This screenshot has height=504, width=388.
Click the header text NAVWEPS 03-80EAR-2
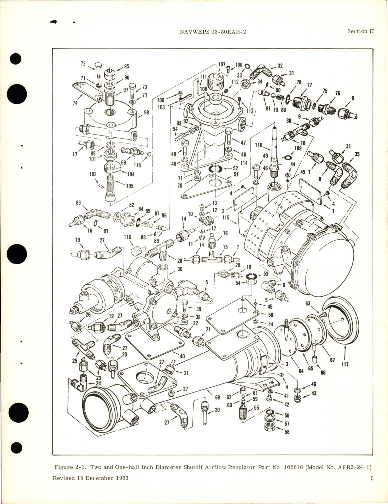coord(220,31)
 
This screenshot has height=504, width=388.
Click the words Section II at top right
coord(361,31)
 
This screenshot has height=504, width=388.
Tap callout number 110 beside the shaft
coord(258,145)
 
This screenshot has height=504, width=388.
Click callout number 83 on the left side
coord(79,202)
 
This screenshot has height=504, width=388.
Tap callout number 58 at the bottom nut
coord(287,432)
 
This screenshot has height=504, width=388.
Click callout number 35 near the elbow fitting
coord(357,154)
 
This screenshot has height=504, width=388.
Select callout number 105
coord(130,186)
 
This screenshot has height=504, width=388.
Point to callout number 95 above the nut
coord(126,66)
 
